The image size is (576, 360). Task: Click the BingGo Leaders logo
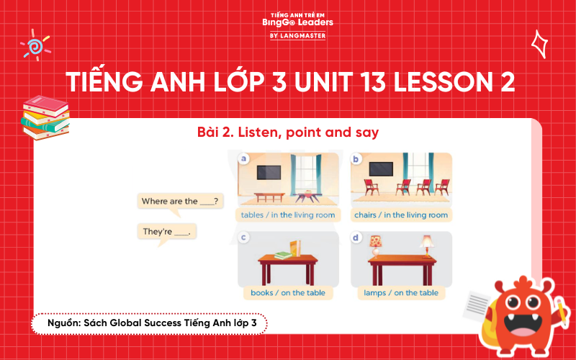point(297,24)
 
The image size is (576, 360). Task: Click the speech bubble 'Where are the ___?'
point(180,201)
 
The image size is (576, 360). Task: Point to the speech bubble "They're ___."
point(166,232)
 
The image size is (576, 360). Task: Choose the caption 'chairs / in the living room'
point(401,215)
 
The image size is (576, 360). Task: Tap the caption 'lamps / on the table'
point(401,292)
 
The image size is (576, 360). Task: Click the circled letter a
point(244,158)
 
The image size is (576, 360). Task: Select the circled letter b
point(356,158)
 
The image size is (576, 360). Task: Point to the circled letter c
point(244,237)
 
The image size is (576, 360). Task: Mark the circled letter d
point(356,237)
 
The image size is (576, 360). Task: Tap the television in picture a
point(269,173)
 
